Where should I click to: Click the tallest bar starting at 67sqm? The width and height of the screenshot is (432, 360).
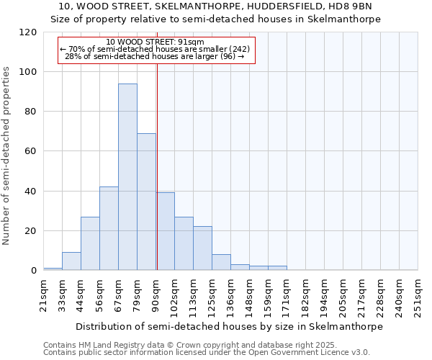[127, 177]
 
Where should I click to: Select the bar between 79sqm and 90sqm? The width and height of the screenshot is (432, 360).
[146, 202]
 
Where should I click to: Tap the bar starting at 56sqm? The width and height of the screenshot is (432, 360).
[109, 228]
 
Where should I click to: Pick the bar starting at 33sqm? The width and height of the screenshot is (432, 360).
[71, 261]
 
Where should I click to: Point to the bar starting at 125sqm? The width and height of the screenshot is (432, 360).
[221, 263]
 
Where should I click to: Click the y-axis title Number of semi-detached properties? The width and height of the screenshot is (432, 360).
[7, 156]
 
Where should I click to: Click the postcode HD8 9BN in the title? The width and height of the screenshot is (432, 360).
[354, 6]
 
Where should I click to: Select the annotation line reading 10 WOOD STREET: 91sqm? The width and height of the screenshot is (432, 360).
[155, 42]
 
